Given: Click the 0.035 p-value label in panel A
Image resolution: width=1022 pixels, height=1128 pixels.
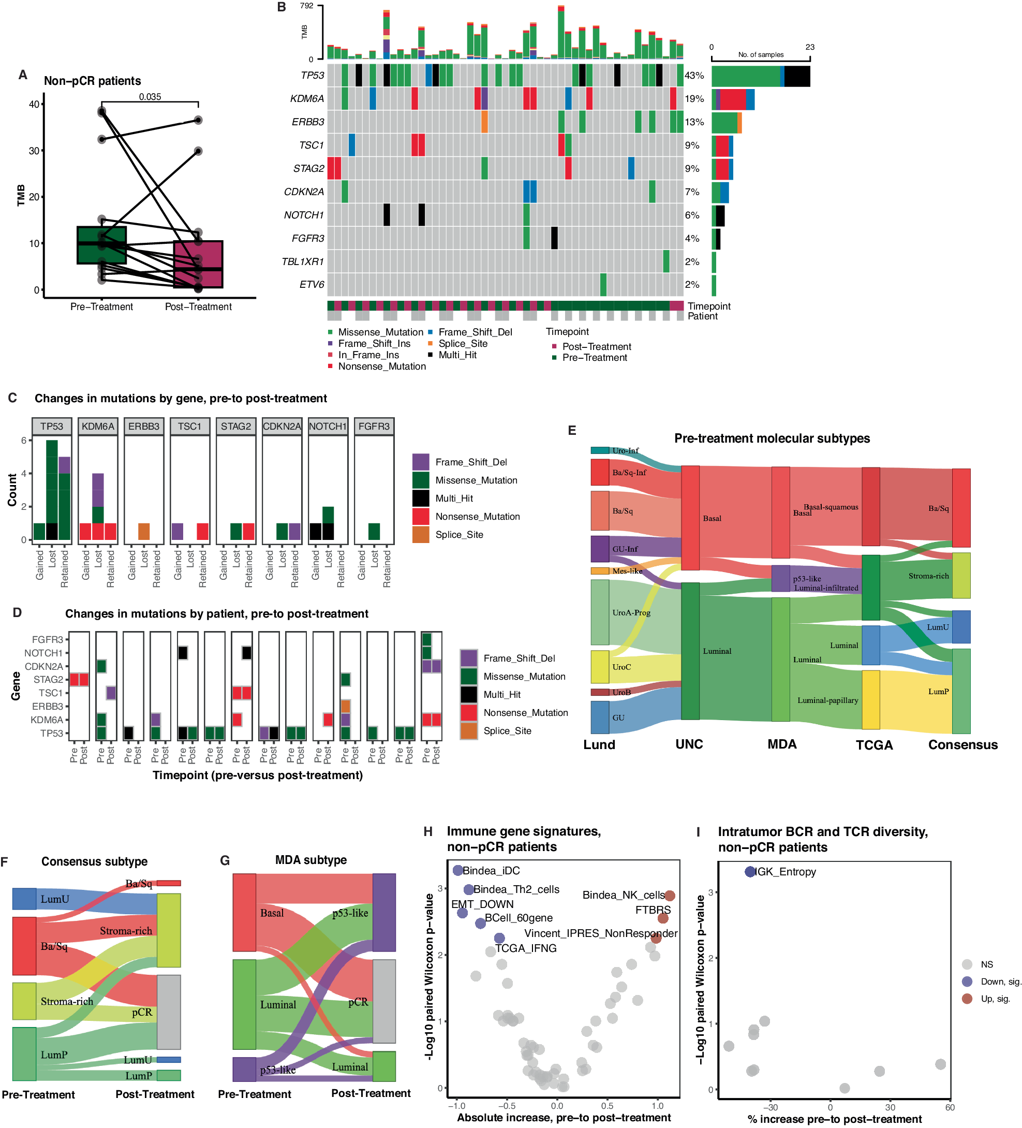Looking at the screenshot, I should click(x=150, y=97).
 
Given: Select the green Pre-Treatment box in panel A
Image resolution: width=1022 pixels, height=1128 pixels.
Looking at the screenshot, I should click(x=101, y=244).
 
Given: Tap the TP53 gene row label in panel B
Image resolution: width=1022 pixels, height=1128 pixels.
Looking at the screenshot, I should click(x=312, y=76).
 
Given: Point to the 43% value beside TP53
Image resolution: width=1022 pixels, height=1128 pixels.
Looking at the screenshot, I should click(x=694, y=76).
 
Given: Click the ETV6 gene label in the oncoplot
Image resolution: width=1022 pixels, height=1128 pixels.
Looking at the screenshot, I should click(x=312, y=284).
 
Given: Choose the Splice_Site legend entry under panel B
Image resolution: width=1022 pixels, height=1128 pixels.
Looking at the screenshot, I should click(x=463, y=344).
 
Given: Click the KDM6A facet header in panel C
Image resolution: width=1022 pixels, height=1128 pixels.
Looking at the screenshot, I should click(x=98, y=427).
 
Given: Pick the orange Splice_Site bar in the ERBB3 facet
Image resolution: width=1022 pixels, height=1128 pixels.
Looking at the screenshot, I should click(x=144, y=531).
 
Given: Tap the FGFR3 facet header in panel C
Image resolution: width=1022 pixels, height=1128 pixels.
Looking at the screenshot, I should click(x=374, y=427).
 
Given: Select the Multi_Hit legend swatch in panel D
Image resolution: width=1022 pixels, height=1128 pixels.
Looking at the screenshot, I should click(x=468, y=694).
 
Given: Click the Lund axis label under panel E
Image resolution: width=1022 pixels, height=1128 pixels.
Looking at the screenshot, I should click(x=599, y=745).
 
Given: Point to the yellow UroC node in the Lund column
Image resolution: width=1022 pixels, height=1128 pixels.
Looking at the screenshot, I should click(x=600, y=666).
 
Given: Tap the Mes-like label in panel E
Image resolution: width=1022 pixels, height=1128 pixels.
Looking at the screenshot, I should click(x=627, y=570).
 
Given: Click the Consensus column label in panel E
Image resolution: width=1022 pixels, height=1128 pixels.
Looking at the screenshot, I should click(x=962, y=745).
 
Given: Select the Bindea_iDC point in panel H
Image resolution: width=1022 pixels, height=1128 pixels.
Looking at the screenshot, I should click(x=458, y=871).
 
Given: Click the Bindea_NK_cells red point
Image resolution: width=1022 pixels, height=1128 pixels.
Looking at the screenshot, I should click(x=670, y=896).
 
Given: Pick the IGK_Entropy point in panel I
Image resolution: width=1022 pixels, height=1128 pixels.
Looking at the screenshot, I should click(x=750, y=872).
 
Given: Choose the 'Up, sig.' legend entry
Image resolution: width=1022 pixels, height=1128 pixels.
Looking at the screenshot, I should click(x=995, y=999).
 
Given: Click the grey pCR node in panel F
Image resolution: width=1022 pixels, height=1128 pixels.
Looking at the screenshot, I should click(x=168, y=1012).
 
